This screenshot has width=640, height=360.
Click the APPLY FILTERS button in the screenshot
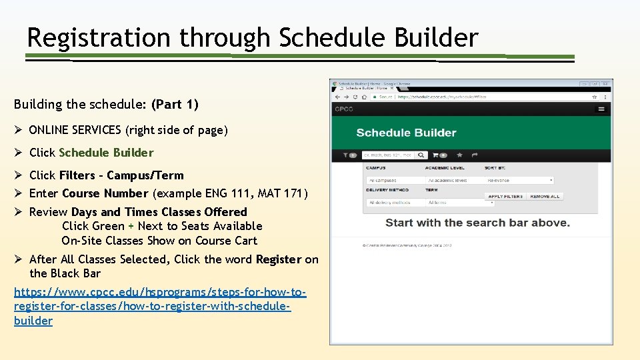pos(505,197)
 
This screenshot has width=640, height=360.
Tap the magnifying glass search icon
pos(421,155)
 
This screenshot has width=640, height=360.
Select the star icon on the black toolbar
pos(459,155)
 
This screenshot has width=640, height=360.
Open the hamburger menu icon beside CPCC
pos(601,109)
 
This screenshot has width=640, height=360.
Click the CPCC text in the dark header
pos(345,109)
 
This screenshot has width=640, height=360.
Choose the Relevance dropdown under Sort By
pos(519,180)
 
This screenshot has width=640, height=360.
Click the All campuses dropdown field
pos(393,180)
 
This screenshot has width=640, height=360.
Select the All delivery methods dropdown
pos(393,202)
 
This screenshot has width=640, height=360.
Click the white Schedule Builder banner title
pos(406,133)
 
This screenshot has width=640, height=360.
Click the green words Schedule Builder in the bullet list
pos(106,153)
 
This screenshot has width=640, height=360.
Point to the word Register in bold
pos(279,259)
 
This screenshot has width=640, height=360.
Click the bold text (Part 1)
pos(175,105)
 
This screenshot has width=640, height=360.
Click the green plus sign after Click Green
pos(131,227)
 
